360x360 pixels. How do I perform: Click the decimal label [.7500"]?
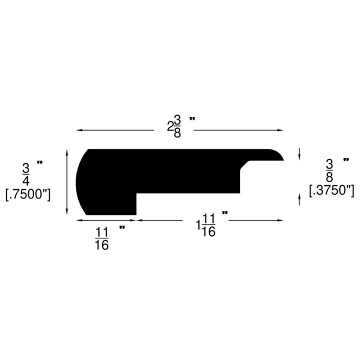tap(28, 194)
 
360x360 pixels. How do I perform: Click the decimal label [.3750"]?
tap(331, 190)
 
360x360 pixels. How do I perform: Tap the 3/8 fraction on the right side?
tap(329, 170)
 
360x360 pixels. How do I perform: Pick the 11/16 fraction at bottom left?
tap(101, 238)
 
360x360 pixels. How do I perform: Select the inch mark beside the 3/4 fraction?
tap(39, 162)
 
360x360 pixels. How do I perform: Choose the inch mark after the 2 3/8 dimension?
tap(192, 119)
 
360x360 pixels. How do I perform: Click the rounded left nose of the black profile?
tap(80, 182)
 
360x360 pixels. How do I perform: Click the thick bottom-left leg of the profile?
tap(112, 202)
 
